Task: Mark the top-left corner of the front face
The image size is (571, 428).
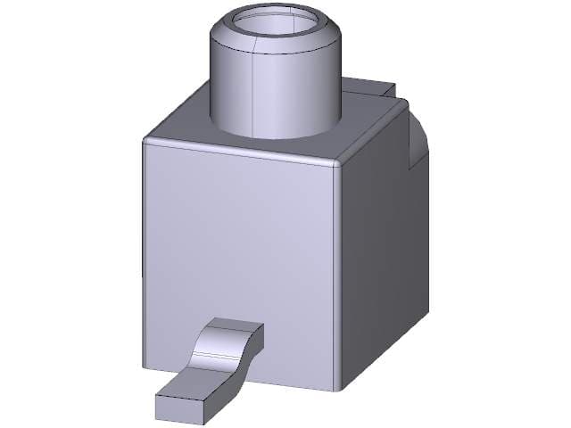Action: [145, 142]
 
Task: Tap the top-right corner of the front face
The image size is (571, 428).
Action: [337, 168]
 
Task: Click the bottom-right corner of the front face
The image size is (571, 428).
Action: [336, 390]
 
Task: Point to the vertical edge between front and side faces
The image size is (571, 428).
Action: [338, 276]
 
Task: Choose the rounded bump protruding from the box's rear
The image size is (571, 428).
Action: [418, 143]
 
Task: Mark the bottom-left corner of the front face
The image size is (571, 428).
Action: [145, 367]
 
